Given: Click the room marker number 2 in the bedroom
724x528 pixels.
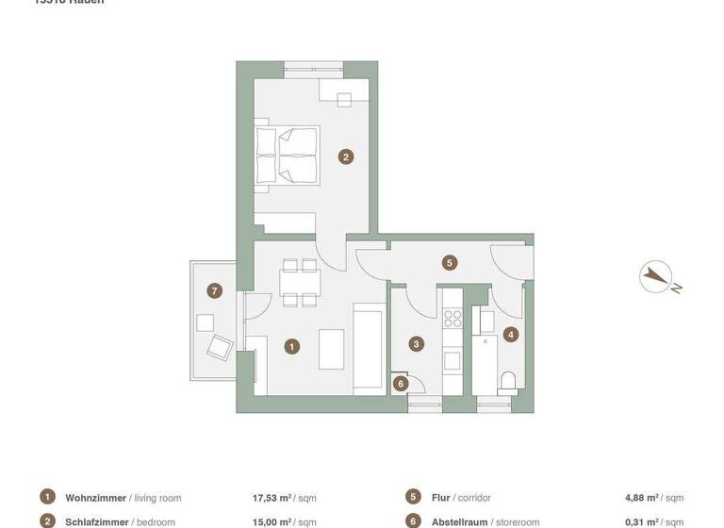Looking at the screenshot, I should [346, 157].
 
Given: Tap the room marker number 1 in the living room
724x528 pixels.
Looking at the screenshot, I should [292, 347].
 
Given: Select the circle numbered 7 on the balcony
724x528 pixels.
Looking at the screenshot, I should [215, 290].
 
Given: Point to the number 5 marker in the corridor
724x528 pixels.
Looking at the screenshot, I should [450, 263].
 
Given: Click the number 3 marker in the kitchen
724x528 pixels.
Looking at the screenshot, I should [417, 344].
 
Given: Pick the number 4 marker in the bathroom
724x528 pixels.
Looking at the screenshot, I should [510, 334].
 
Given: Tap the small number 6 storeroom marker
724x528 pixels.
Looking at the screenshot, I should [401, 384].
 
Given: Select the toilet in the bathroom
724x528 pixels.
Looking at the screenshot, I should [509, 381].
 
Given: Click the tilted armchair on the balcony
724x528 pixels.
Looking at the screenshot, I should [220, 348].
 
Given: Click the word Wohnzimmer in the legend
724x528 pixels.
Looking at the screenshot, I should [95, 498].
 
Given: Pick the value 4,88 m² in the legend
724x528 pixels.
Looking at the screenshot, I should [643, 498].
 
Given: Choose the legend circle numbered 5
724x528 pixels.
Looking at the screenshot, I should [413, 497].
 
